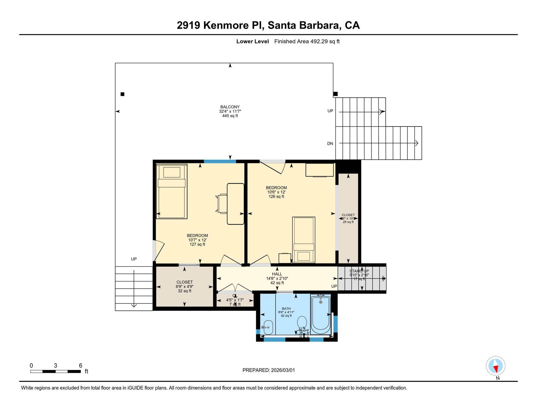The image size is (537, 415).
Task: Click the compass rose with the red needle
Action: pyautogui.click(x=495, y=366)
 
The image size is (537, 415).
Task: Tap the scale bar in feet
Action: pyautogui.click(x=55, y=372)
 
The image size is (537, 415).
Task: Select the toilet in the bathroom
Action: pyautogui.click(x=302, y=323)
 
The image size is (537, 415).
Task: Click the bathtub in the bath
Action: pyautogui.click(x=321, y=315)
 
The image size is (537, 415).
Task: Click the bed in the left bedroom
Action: pyautogui.click(x=172, y=191)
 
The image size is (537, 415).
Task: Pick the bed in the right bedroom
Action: pyautogui.click(x=304, y=240)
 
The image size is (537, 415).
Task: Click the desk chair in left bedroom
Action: pyautogui.click(x=222, y=203)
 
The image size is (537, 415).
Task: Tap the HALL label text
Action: pyautogui.click(x=277, y=274)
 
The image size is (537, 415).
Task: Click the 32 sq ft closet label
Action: pyautogui.click(x=184, y=286)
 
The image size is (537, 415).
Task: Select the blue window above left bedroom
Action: pyautogui.click(x=220, y=162)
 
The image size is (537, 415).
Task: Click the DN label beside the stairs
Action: pyautogui.click(x=330, y=143)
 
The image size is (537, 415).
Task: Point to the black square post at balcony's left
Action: pyautogui.click(x=122, y=94)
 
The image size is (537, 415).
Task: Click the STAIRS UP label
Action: pyautogui.click(x=359, y=271)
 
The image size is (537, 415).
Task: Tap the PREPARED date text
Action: pyautogui.click(x=268, y=370)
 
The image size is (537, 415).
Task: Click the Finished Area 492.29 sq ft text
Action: pyautogui.click(x=307, y=41)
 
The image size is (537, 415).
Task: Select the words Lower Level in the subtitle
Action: pyautogui.click(x=252, y=41)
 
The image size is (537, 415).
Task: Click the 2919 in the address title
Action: pyautogui.click(x=188, y=25)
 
